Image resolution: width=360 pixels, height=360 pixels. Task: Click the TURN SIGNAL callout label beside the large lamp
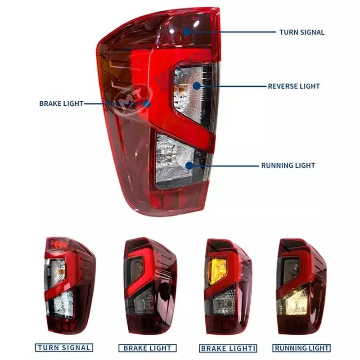click(301, 32)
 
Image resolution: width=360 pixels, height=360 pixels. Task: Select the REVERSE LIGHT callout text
click(294, 86)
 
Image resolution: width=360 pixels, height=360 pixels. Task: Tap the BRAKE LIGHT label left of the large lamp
click(61, 103)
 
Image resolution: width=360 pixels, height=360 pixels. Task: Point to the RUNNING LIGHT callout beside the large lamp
click(288, 166)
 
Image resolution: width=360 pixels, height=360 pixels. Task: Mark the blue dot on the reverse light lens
click(197, 85)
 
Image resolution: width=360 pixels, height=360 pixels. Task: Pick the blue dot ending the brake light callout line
click(146, 103)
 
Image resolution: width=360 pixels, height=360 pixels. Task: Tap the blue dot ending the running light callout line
click(189, 166)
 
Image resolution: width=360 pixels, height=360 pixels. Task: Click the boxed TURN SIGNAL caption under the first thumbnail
click(64, 347)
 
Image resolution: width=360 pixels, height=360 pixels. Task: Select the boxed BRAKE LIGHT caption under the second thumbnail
click(147, 348)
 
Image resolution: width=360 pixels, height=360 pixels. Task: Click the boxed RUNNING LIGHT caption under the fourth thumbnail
click(301, 348)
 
